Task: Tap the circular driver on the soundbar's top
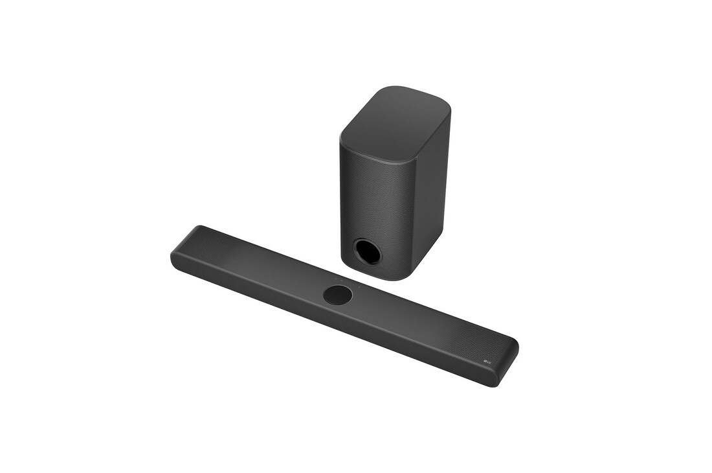pos(338,295)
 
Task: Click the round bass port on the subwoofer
pos(367,251)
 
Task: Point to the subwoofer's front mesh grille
pos(372,194)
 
